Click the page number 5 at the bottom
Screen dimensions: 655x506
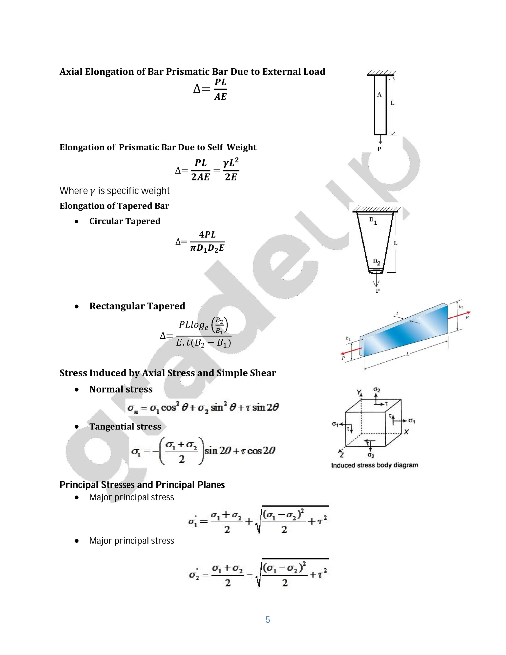(268, 620)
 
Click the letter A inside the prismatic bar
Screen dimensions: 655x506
(379, 95)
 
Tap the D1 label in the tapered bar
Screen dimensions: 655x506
(373, 221)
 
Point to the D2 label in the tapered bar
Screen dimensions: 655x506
(377, 262)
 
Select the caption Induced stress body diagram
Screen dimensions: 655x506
(374, 465)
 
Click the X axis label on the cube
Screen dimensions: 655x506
(406, 432)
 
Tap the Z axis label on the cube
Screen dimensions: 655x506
(341, 455)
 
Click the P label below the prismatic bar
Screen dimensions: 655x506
(379, 149)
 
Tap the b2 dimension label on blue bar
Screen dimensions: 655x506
(461, 307)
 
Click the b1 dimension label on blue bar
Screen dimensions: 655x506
(348, 338)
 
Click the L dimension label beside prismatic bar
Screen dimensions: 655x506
(392, 103)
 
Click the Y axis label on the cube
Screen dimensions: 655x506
(359, 392)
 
